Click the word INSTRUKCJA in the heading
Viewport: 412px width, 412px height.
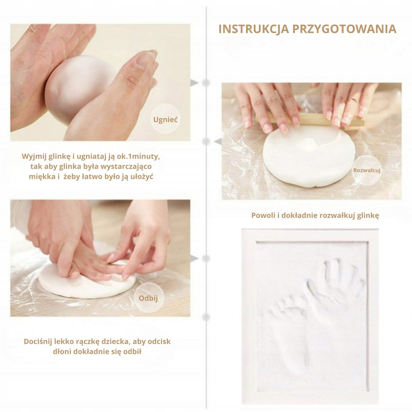pos(254,29)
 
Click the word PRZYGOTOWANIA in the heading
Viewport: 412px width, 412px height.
pos(345,29)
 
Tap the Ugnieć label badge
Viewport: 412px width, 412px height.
pos(165,119)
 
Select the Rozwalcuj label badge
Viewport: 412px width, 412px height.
pos(367,170)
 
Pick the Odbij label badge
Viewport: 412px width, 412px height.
pos(148,298)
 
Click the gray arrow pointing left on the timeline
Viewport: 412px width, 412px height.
pos(218,141)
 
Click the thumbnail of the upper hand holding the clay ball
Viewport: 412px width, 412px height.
pos(100,82)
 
